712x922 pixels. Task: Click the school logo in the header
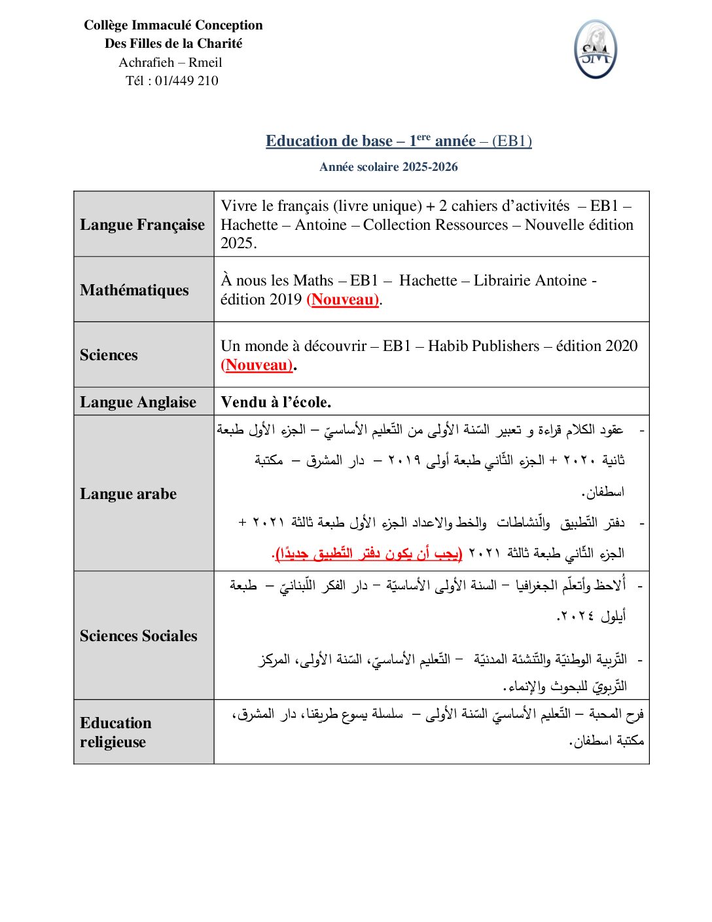click(x=595, y=50)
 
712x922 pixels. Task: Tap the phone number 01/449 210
click(x=187, y=81)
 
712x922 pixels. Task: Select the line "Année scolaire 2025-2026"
click(x=388, y=167)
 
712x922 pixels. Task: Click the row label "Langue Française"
click(x=142, y=225)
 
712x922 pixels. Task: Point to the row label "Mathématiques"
click(x=134, y=290)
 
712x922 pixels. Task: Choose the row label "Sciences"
click(x=109, y=355)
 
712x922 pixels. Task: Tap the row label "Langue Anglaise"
click(x=138, y=402)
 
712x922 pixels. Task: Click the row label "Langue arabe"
click(x=128, y=494)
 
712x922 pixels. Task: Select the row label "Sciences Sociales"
click(x=138, y=636)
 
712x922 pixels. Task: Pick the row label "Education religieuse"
click(x=115, y=732)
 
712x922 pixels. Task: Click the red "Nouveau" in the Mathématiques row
click(x=343, y=299)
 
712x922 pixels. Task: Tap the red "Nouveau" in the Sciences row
click(x=257, y=365)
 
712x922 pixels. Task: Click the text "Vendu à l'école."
click(x=276, y=402)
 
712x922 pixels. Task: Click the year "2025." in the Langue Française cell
click(x=239, y=243)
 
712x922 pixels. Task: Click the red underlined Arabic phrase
click(x=367, y=553)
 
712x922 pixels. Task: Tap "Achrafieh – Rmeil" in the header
click(x=170, y=62)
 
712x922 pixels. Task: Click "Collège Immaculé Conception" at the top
click(x=173, y=25)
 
